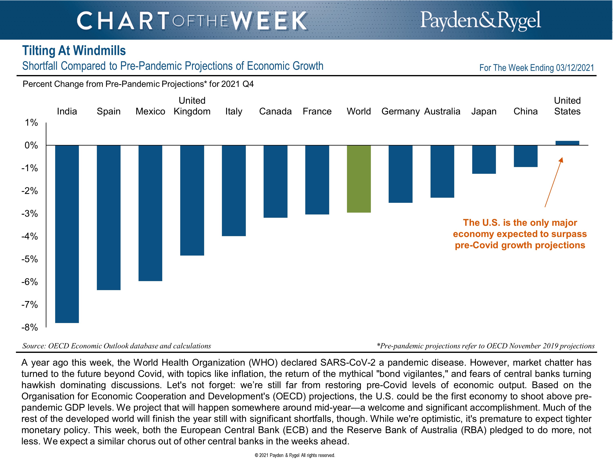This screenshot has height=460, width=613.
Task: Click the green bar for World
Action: pos(359,179)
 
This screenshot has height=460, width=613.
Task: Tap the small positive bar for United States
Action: pos(567,143)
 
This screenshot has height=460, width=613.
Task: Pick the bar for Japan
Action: pos(484,159)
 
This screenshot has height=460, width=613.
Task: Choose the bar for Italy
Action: pos(234,191)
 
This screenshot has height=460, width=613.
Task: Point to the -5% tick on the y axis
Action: pos(30,259)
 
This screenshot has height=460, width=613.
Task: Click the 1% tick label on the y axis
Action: pos(31,122)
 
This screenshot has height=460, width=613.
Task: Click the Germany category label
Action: pos(400,111)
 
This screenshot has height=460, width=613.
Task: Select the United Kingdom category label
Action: pos(192,106)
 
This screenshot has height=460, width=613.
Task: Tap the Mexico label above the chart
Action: pos(150,111)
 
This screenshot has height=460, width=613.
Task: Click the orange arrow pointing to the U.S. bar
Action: pos(553,182)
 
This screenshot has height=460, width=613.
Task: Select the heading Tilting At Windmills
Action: pos(74,51)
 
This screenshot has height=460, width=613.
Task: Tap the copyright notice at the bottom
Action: pos(295,455)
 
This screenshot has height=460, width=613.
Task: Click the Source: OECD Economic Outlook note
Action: pos(117,346)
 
